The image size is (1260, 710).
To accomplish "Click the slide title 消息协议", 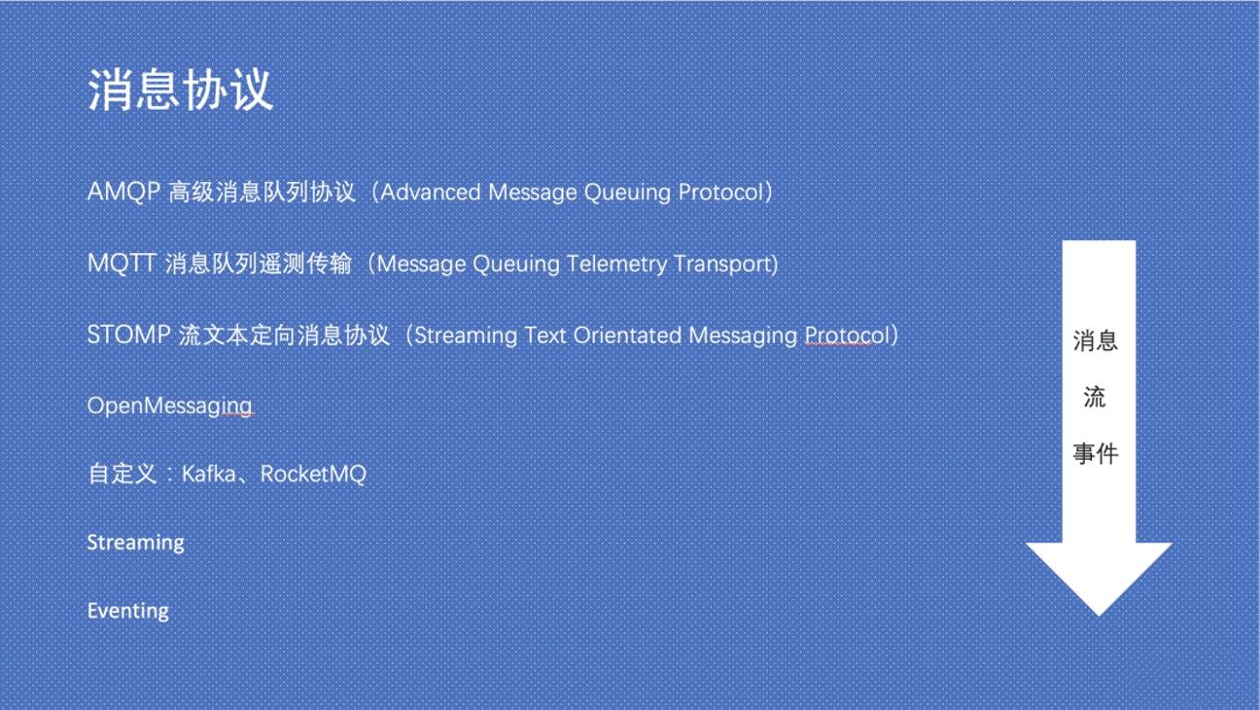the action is (x=180, y=90).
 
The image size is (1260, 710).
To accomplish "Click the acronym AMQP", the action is (x=123, y=193).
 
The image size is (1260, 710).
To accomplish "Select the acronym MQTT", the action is (x=122, y=264).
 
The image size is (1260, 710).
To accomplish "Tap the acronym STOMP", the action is (x=128, y=336).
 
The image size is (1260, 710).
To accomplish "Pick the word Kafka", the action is (x=209, y=475).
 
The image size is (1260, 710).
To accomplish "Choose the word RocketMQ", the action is (x=313, y=475).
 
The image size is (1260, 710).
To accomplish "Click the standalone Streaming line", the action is (x=135, y=543).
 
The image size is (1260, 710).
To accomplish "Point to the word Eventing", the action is (x=128, y=611).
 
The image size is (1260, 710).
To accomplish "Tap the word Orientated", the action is (x=627, y=336).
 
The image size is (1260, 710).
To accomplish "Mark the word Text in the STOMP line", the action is (x=545, y=336).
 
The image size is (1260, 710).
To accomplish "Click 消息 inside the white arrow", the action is (x=1095, y=341).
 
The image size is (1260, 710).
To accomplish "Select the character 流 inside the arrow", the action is (x=1095, y=397).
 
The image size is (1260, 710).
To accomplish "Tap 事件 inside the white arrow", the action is (x=1095, y=453).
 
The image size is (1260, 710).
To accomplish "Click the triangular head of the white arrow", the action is (x=1099, y=574).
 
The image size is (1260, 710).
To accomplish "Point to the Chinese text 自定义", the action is (x=122, y=475).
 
